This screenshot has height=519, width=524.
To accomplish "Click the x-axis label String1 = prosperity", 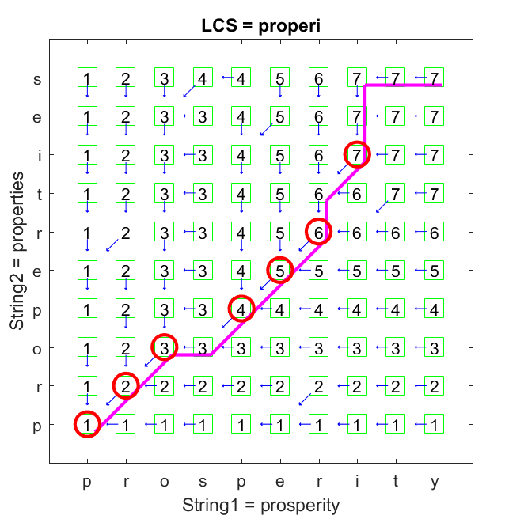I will (261, 505).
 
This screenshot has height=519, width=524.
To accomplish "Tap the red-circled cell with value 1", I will (87, 424).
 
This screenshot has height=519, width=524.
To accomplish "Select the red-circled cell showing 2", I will (126, 385).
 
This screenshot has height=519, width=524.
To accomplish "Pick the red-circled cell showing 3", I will (164, 347).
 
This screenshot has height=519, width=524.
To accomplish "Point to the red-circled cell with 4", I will (241, 308).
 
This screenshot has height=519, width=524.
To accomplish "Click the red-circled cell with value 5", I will (280, 270).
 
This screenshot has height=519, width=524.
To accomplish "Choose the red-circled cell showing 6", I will (318, 231).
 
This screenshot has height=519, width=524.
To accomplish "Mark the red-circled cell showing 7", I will (357, 154).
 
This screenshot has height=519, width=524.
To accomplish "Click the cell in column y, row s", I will (435, 78).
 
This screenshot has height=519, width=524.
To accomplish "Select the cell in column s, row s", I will (203, 78).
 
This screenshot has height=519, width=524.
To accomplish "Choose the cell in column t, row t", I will (396, 192).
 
